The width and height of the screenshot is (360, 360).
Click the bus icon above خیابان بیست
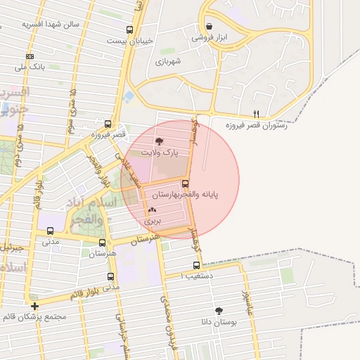(129, 30)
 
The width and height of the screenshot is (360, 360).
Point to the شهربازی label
(168, 61)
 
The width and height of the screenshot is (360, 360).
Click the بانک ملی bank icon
(29, 56)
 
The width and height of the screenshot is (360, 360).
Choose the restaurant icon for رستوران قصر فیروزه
(256, 113)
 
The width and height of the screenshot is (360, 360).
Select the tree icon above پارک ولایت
(158, 141)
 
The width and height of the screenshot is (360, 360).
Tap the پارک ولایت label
(160, 152)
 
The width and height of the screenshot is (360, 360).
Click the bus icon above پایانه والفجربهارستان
(185, 183)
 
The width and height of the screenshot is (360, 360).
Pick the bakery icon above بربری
(152, 210)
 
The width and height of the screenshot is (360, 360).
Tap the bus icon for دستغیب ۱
(196, 265)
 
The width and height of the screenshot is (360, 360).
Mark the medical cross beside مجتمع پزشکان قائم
(34, 306)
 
